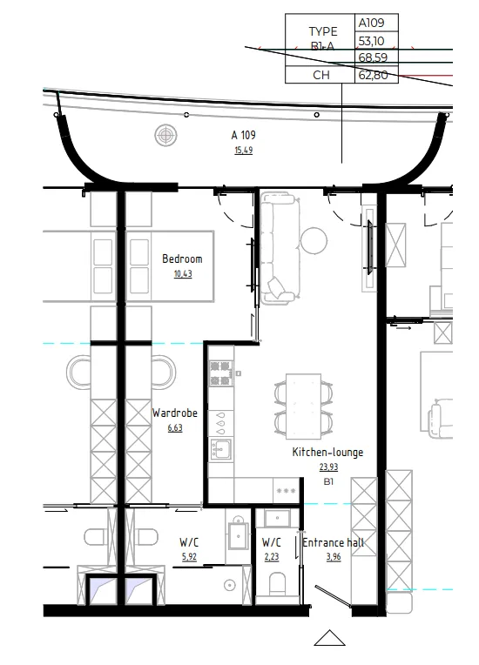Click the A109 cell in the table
pos(376,23)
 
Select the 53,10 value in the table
pos(376,40)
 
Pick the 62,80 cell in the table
pos(376,75)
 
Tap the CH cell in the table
pos(321,75)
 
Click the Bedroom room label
pos(182,259)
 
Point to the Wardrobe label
pos(174,413)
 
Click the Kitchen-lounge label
pos(327,453)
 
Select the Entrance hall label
pos(333,543)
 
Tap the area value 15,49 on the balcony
pos(243,151)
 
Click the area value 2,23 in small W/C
pos(271,557)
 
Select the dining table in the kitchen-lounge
pos(304,405)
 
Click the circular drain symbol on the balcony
pos(165,135)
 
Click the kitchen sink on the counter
pos(220,449)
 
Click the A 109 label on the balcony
pos(243,136)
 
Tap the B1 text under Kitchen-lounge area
pos(328,481)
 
